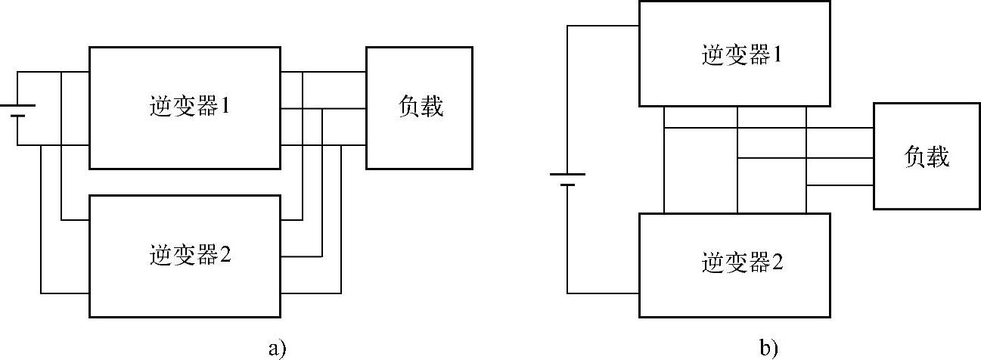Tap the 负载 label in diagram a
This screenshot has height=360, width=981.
pyautogui.click(x=420, y=107)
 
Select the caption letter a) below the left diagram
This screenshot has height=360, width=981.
pyautogui.click(x=277, y=348)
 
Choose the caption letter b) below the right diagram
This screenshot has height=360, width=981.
pyautogui.click(x=768, y=348)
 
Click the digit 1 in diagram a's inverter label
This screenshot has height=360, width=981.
pyautogui.click(x=225, y=107)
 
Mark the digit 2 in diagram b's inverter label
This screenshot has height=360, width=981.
pyautogui.click(x=776, y=264)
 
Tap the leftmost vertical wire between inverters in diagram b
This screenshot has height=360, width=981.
pyautogui.click(x=663, y=160)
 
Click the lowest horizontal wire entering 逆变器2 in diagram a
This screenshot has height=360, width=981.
pyautogui.click(x=64, y=293)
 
